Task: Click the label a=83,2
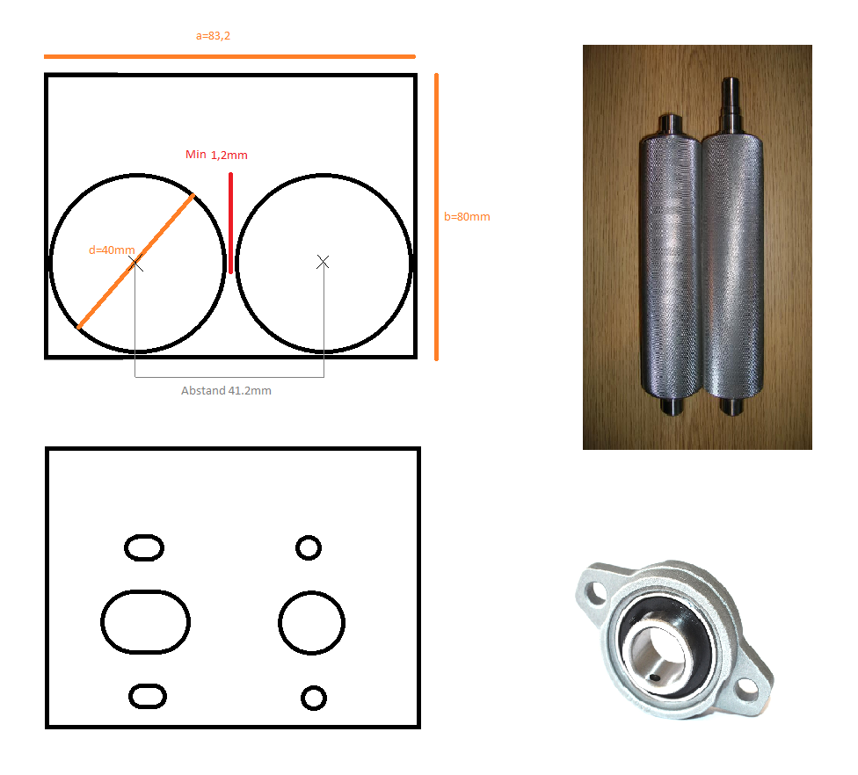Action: click(x=213, y=36)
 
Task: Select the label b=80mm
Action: click(x=467, y=216)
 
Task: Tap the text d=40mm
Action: click(x=112, y=250)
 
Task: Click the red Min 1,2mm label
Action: click(x=216, y=155)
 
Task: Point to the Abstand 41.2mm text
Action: click(x=226, y=390)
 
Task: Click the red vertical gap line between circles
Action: click(x=231, y=222)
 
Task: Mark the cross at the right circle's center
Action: click(x=323, y=262)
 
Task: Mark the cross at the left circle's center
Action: click(x=135, y=264)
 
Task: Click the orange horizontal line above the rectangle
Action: click(x=229, y=56)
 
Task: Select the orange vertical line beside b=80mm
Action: click(x=436, y=217)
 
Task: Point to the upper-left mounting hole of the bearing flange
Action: click(x=593, y=593)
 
